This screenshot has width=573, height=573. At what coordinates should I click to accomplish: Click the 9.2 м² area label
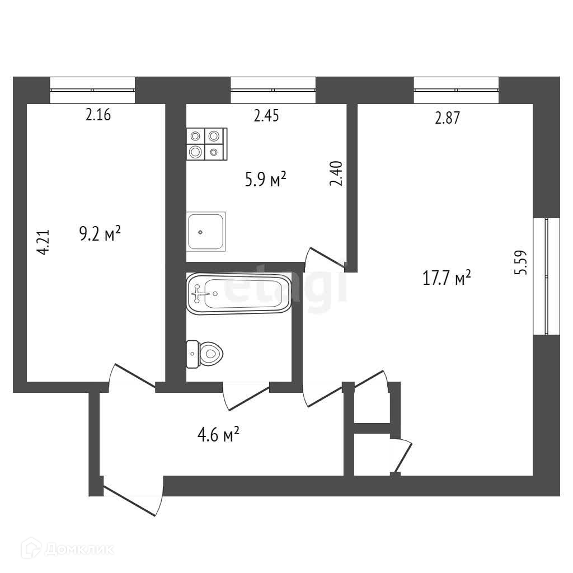coord(100,234)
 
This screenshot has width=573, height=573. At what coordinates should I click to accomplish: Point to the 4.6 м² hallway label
coord(219,434)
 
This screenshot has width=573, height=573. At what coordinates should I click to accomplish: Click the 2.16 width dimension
coord(98,116)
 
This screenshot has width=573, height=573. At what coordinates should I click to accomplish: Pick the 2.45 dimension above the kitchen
coord(266,116)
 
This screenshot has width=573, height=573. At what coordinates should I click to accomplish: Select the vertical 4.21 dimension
coord(44,242)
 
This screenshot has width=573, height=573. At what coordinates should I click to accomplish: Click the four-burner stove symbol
coord(206,143)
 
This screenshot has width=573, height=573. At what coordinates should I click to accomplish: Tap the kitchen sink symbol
coord(206,231)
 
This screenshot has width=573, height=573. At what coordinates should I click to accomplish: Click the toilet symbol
coord(205,354)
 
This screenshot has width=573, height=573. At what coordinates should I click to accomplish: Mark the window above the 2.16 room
coord(92,90)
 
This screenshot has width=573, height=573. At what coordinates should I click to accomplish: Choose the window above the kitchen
coord(273,90)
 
